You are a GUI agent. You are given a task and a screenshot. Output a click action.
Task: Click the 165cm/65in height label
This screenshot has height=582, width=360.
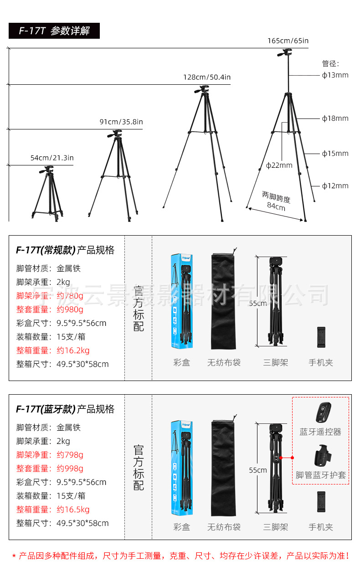[288, 41]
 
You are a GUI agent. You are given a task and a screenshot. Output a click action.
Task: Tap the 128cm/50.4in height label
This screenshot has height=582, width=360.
[207, 77]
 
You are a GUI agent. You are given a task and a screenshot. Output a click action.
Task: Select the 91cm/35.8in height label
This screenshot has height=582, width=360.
[121, 122]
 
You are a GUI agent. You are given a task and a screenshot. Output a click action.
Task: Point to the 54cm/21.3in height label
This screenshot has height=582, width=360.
[52, 158]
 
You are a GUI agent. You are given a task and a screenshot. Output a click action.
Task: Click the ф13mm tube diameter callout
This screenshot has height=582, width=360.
[335, 75]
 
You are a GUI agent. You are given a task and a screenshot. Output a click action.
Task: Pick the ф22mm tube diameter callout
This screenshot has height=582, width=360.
[279, 165]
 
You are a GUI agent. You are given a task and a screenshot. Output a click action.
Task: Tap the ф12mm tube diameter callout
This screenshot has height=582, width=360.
[335, 185]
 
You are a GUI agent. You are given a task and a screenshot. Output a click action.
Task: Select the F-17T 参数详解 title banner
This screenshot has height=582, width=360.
[54, 31]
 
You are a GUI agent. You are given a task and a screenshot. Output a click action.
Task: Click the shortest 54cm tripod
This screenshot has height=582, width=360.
[47, 194]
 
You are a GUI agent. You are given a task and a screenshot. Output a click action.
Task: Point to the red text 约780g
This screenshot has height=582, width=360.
[70, 296]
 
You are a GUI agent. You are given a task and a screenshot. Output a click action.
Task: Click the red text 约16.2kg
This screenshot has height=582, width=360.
[73, 350]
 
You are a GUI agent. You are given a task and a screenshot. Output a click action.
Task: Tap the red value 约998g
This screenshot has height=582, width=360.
[70, 469]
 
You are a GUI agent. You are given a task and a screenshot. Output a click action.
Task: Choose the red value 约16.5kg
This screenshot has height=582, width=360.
[73, 510]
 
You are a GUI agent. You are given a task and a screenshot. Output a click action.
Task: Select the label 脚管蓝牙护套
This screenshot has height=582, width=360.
[320, 475]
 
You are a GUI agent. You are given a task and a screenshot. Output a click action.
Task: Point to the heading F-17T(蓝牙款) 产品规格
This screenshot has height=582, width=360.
[65, 409]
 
